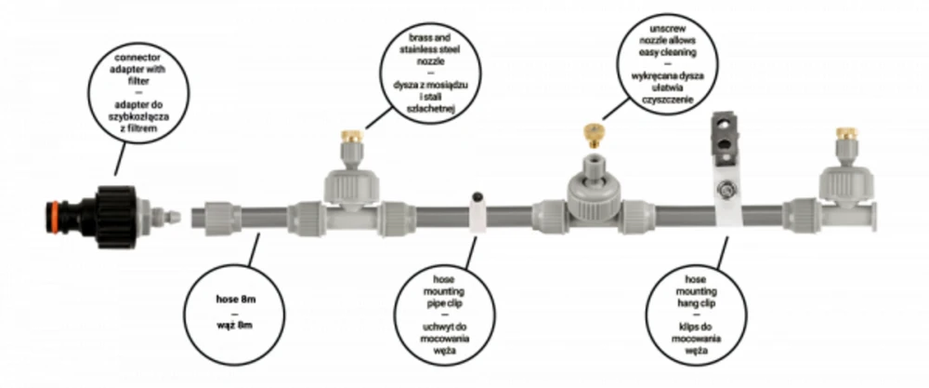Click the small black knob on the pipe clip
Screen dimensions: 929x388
click(477, 195)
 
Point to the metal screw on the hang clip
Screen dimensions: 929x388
click(724, 191)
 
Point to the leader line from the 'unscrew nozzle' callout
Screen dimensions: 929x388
click(616, 109)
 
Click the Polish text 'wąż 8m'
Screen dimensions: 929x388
click(236, 326)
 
